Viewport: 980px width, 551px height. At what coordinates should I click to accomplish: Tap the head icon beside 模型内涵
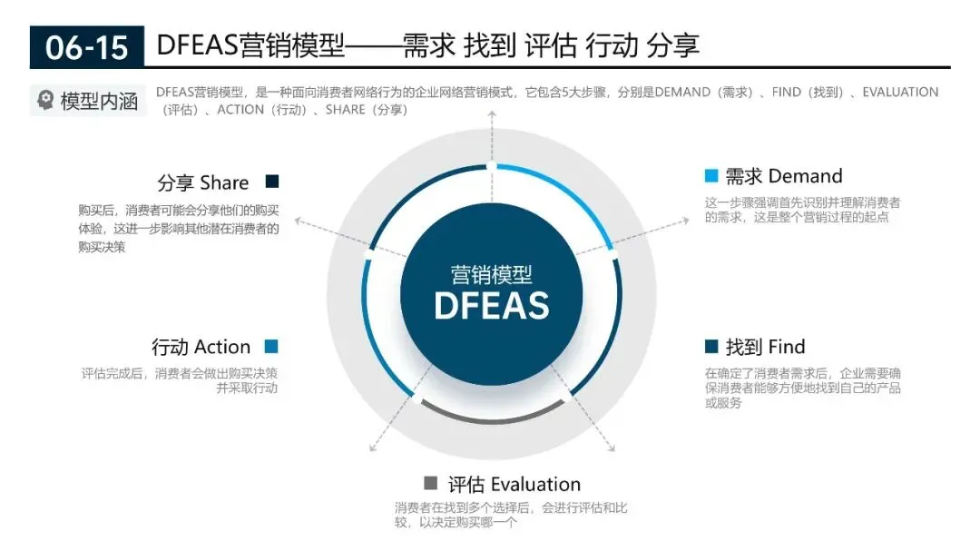pyautogui.click(x=45, y=101)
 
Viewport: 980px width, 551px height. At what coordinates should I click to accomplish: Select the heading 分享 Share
pyautogui.click(x=203, y=182)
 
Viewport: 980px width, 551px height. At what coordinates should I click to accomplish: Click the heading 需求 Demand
pyautogui.click(x=783, y=176)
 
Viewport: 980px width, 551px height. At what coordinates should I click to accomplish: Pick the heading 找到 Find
pyautogui.click(x=765, y=347)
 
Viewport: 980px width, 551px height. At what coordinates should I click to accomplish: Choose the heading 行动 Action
pyautogui.click(x=201, y=347)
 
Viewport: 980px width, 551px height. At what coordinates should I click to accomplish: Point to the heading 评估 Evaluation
pyautogui.click(x=514, y=484)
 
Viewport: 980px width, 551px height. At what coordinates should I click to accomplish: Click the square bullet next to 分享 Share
pyautogui.click(x=272, y=182)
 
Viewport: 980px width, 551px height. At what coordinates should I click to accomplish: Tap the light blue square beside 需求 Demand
pyautogui.click(x=711, y=176)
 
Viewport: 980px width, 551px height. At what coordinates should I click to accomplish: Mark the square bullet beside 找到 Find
pyautogui.click(x=711, y=347)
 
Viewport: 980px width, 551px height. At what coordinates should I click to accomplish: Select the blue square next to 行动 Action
pyautogui.click(x=271, y=347)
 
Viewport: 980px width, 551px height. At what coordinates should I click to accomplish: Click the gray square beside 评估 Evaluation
pyautogui.click(x=430, y=483)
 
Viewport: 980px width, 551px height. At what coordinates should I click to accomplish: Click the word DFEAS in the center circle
pyautogui.click(x=491, y=306)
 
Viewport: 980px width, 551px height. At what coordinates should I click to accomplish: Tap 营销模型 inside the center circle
pyautogui.click(x=491, y=274)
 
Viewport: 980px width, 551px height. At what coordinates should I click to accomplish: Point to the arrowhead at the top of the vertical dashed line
pyautogui.click(x=491, y=113)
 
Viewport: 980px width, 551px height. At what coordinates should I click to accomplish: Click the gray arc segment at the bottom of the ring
pyautogui.click(x=491, y=418)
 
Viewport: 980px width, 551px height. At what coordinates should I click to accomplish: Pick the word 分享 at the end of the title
pyautogui.click(x=672, y=45)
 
